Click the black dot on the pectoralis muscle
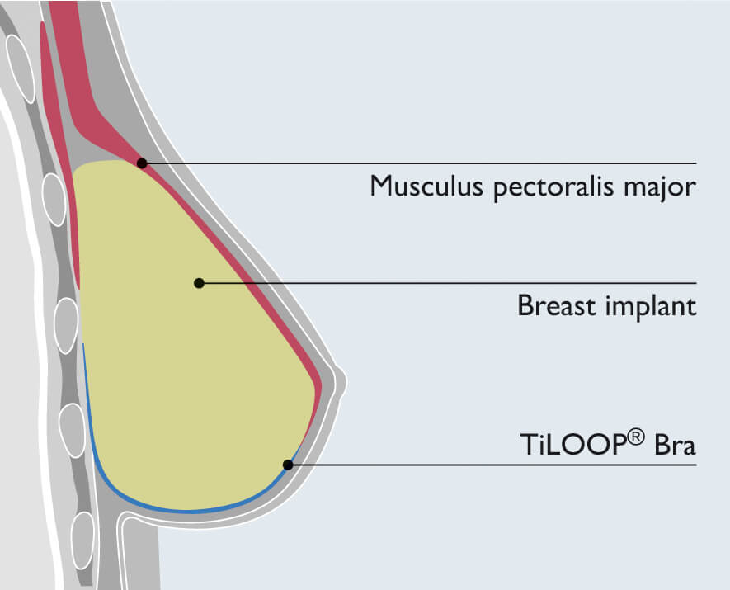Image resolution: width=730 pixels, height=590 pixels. (x=142, y=163)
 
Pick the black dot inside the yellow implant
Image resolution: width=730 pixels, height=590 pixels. (x=199, y=283)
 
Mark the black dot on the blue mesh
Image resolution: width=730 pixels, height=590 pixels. (x=287, y=465)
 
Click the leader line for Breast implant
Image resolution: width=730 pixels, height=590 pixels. (x=454, y=283)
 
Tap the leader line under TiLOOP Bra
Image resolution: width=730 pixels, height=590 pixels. (x=495, y=465)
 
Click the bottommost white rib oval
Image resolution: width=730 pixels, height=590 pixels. (x=82, y=540)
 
